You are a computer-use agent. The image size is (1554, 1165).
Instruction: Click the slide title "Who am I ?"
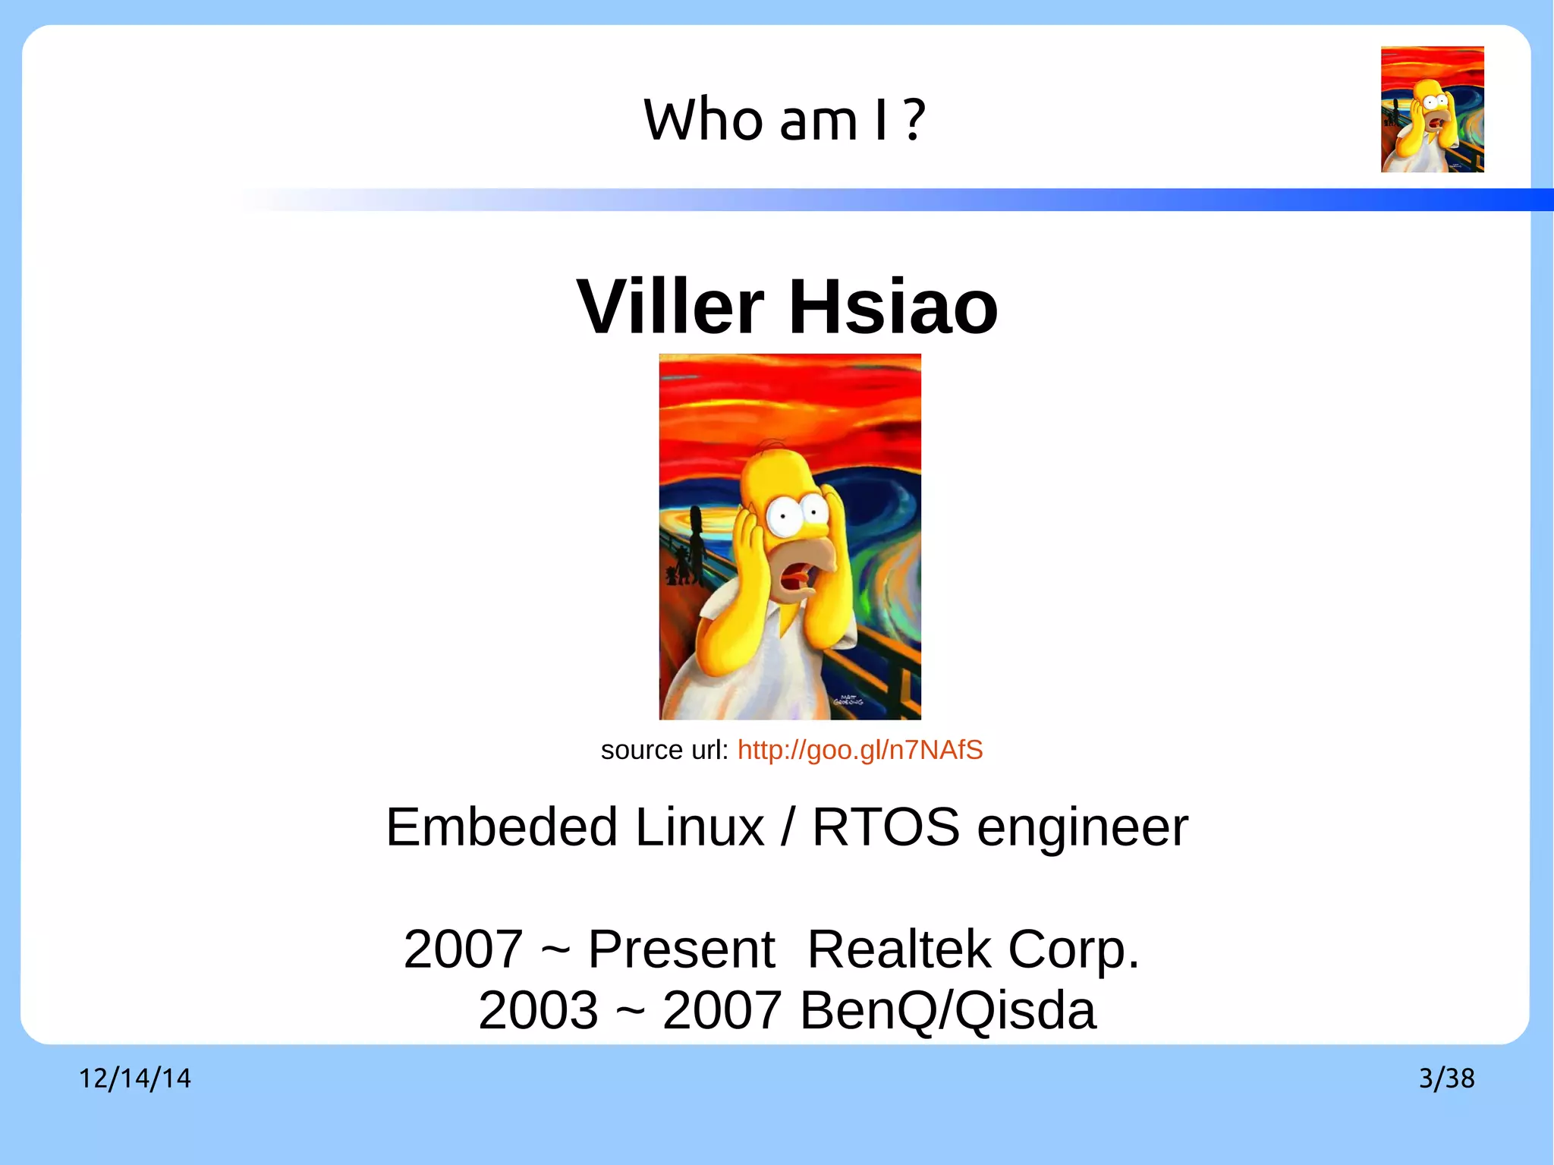(x=784, y=120)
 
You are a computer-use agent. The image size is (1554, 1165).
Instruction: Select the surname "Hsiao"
(x=893, y=307)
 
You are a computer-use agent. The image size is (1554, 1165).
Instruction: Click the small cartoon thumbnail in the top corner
(x=1432, y=109)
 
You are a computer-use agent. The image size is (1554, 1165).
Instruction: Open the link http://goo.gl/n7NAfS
(x=860, y=750)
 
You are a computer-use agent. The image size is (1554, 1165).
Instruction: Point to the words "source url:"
(x=664, y=750)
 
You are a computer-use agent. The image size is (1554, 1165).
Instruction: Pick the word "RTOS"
(x=886, y=827)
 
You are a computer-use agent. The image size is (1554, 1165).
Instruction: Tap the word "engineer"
(x=1082, y=827)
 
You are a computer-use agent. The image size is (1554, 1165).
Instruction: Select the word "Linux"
(x=700, y=827)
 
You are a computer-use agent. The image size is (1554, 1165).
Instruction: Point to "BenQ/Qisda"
(x=948, y=1010)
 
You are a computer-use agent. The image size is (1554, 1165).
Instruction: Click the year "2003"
(x=538, y=1010)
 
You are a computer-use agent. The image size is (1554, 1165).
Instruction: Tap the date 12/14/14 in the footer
(x=135, y=1078)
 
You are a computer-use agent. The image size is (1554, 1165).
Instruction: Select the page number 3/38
(x=1446, y=1078)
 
